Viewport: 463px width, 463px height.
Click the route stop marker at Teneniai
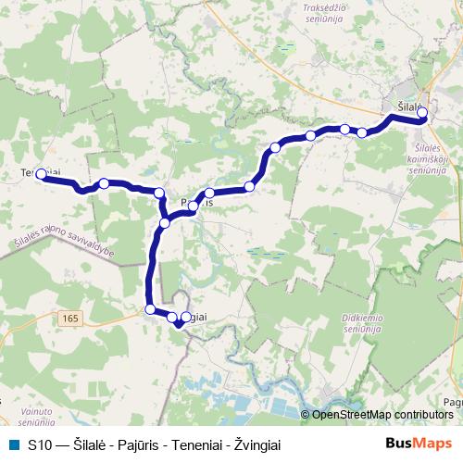point(41,174)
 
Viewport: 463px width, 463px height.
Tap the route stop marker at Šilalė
point(422,113)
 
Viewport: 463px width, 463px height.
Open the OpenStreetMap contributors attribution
point(382,415)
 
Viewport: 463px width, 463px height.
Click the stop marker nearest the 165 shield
point(150,309)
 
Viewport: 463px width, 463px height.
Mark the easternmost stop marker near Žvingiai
point(185,317)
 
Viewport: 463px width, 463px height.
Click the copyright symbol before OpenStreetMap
point(306,415)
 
